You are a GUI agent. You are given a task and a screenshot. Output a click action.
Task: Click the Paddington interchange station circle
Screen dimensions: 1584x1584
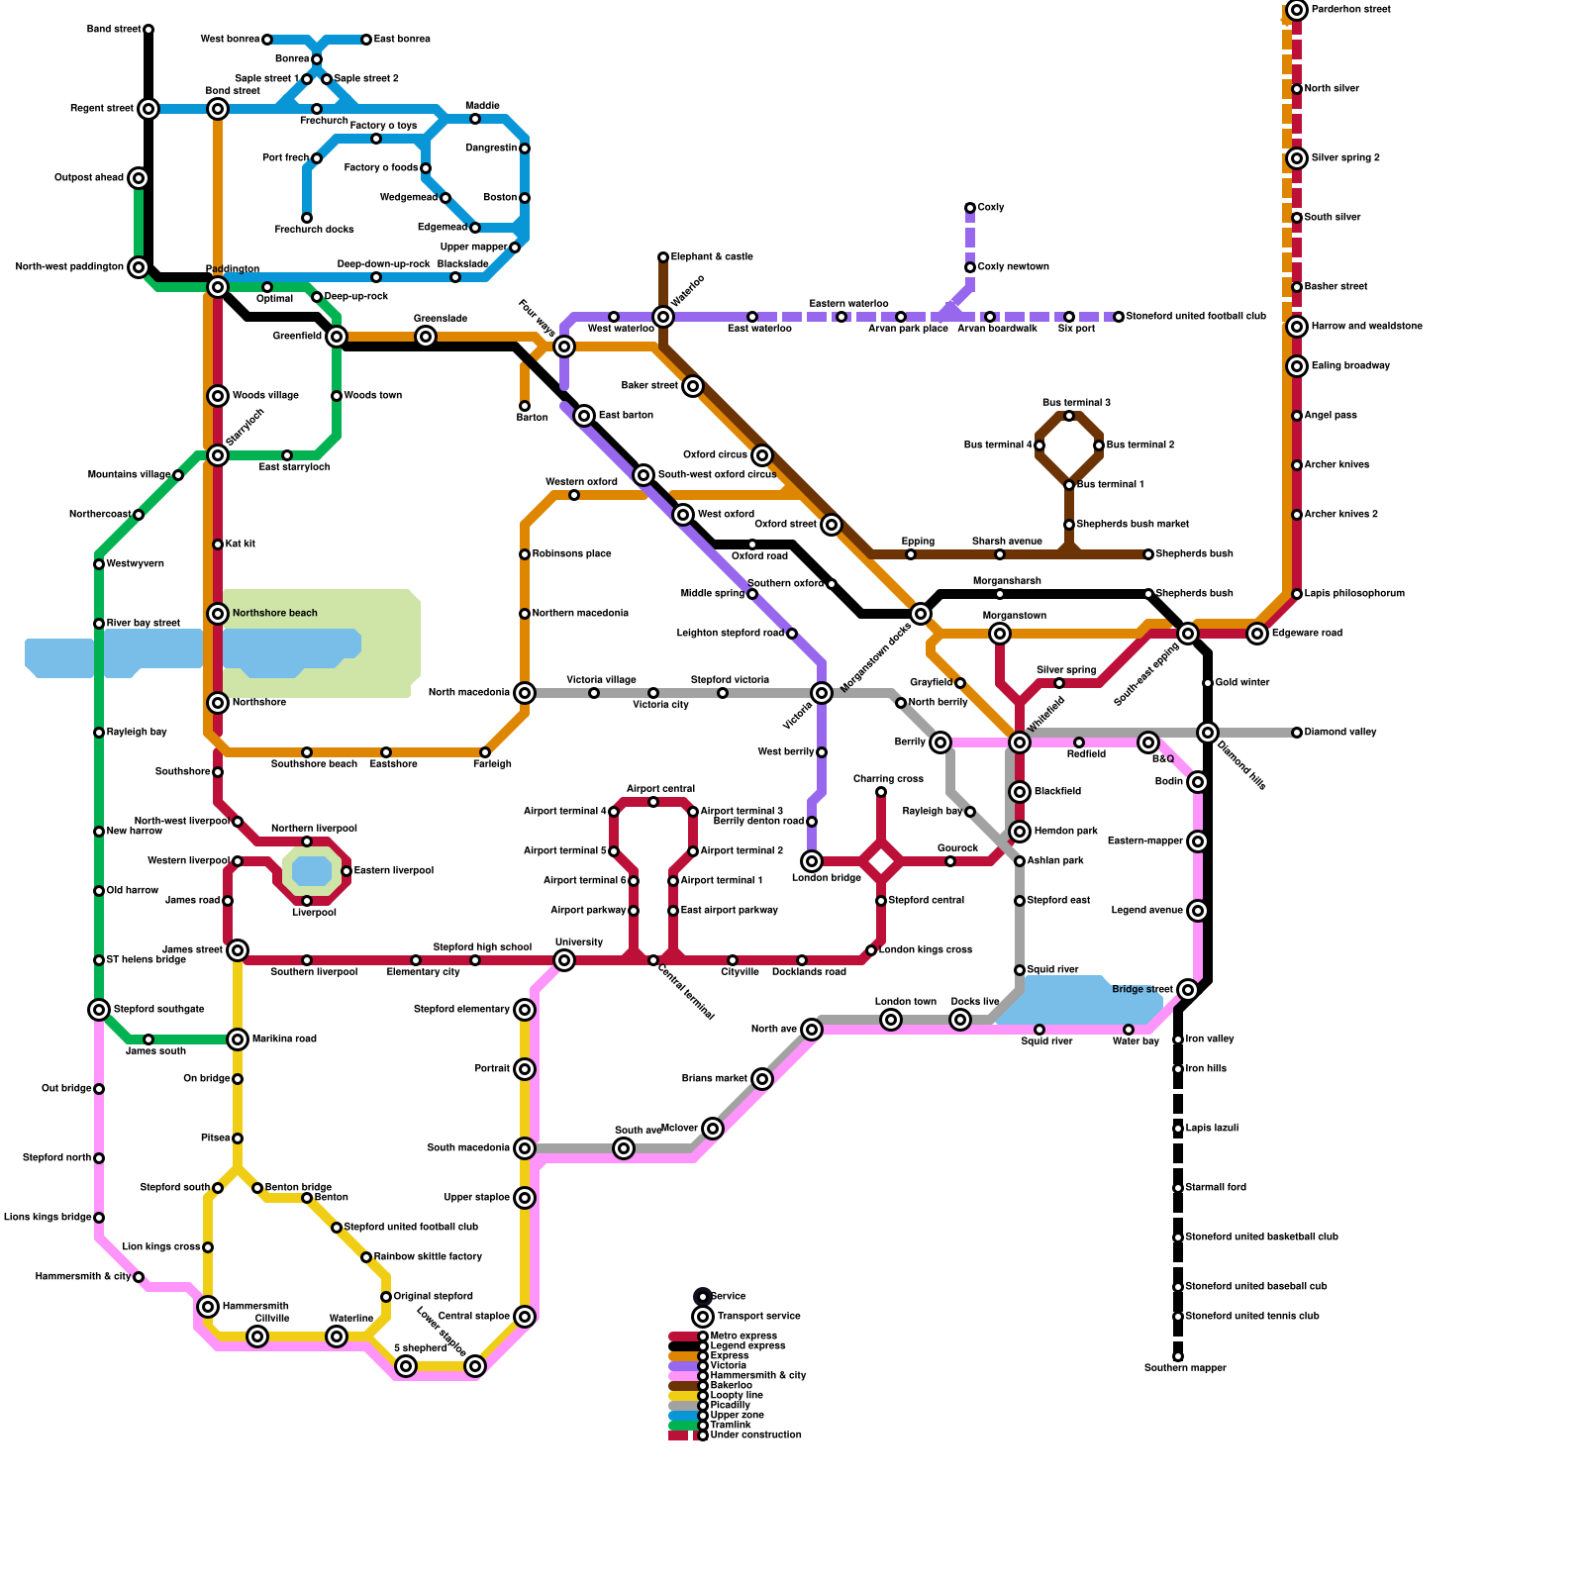(218, 287)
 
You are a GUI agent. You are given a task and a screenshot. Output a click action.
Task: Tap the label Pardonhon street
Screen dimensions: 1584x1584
(1350, 10)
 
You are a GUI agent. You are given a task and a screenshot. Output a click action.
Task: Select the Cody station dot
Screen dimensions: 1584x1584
(970, 208)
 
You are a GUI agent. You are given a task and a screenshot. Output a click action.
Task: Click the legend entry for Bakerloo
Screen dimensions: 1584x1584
(731, 1386)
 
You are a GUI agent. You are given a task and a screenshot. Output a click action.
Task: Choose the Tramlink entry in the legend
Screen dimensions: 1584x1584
(731, 1426)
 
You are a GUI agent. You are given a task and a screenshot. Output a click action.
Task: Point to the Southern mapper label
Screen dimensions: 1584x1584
(1185, 1368)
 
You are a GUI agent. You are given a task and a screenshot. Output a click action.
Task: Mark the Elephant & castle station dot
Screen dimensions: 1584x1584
(663, 257)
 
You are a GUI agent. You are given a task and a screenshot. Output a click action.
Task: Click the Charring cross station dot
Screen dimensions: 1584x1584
(881, 792)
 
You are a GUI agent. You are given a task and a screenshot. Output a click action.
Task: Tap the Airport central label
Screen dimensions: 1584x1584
(660, 789)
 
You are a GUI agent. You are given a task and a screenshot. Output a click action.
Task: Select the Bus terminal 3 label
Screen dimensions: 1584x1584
(1076, 403)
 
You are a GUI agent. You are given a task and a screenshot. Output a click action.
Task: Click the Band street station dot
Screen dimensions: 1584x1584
(148, 30)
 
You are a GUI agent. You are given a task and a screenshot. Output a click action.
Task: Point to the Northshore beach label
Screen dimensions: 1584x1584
(274, 614)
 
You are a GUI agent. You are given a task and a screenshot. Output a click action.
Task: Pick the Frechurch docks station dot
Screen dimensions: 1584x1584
(307, 218)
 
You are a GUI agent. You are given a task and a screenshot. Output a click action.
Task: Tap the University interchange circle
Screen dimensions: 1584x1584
(564, 960)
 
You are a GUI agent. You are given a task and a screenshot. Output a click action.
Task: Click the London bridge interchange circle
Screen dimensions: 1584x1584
(812, 861)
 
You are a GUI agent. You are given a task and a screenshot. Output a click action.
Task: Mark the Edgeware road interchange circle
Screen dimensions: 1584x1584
(1257, 634)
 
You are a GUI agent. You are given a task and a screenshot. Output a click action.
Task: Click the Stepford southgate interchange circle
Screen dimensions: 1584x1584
(99, 1010)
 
